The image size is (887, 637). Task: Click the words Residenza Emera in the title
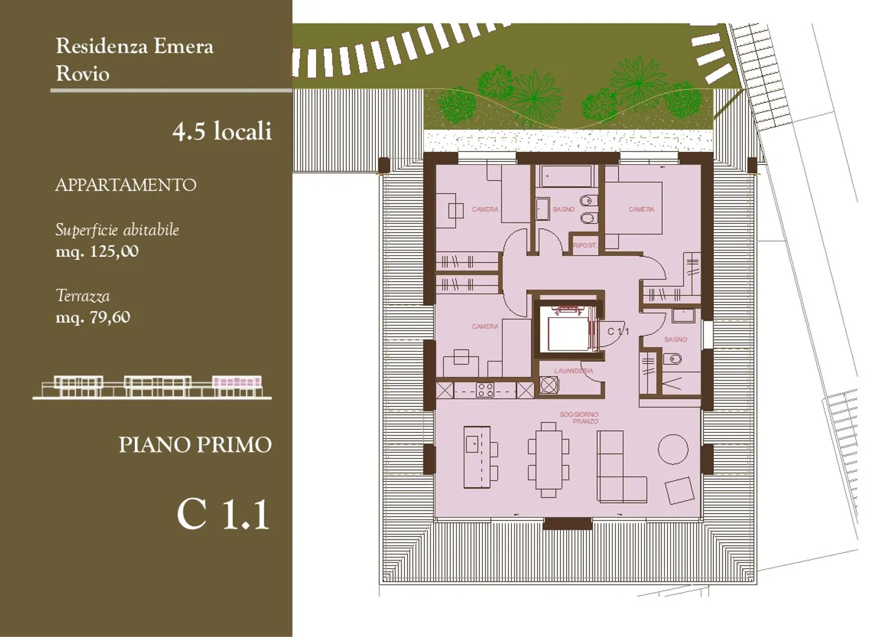[134, 46]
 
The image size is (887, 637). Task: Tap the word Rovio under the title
[83, 74]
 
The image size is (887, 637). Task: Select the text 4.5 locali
[222, 131]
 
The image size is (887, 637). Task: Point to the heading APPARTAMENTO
[126, 185]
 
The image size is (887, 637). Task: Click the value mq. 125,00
[97, 252]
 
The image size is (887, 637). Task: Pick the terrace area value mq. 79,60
[92, 318]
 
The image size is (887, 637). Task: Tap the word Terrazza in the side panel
[83, 296]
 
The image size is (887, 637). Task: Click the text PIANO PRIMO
[195, 445]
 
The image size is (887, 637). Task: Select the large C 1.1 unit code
[223, 514]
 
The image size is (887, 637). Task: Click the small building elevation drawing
[152, 387]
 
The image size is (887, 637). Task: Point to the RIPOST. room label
[585, 245]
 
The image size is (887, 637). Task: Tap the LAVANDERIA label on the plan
[573, 371]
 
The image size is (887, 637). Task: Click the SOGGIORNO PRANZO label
[579, 418]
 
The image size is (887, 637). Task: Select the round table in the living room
[673, 450]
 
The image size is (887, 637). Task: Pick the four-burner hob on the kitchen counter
[485, 390]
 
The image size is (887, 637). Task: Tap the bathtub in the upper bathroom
[567, 176]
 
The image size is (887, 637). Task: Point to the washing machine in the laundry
[548, 385]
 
